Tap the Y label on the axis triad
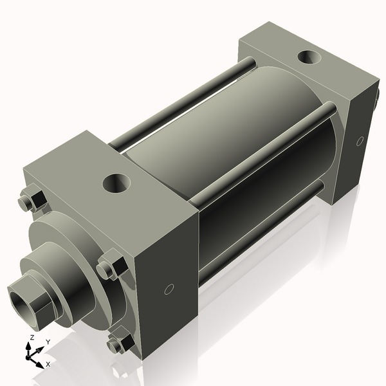(x=48, y=342)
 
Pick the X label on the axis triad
(x=48, y=364)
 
